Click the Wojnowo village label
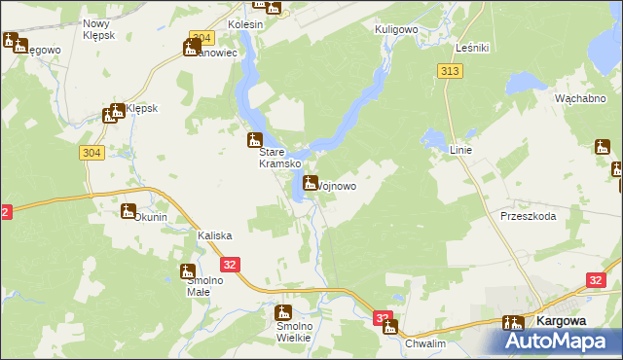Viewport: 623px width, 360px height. pyautogui.click(x=337, y=186)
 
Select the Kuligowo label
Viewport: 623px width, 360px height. pyautogui.click(x=396, y=30)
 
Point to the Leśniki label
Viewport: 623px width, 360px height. pyautogui.click(x=472, y=48)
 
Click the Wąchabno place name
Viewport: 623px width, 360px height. pyautogui.click(x=581, y=99)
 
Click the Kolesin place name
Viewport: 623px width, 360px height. pyautogui.click(x=245, y=23)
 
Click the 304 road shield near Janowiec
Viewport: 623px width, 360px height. pyautogui.click(x=201, y=38)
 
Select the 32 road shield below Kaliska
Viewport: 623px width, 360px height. pyautogui.click(x=230, y=264)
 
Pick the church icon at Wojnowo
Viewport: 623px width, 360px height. pyautogui.click(x=311, y=182)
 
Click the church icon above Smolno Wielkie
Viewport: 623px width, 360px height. pyautogui.click(x=283, y=312)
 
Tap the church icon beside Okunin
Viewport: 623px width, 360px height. pyautogui.click(x=128, y=211)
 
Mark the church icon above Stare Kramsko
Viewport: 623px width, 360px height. pyautogui.click(x=255, y=139)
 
